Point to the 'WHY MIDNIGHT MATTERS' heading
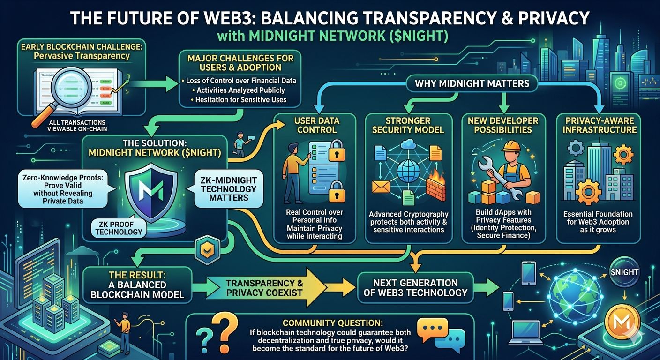[x=472, y=84]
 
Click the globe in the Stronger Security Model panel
[x=407, y=173]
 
